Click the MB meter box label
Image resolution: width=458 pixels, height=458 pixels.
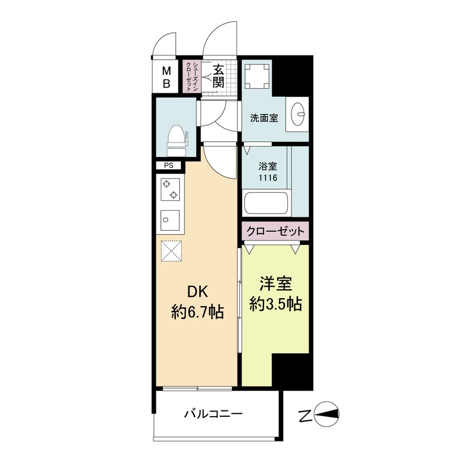pyautogui.click(x=167, y=77)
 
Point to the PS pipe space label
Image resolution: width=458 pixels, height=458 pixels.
pyautogui.click(x=168, y=166)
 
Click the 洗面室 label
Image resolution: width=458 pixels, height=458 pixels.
pyautogui.click(x=264, y=119)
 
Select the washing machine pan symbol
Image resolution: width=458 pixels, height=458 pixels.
pyautogui.click(x=257, y=76)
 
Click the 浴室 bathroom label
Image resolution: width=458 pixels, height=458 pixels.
pyautogui.click(x=267, y=167)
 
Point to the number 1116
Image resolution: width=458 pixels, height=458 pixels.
pyautogui.click(x=267, y=178)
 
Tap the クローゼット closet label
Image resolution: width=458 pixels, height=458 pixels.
pyautogui.click(x=274, y=231)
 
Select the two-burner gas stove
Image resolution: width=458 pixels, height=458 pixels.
pyautogui.click(x=170, y=190)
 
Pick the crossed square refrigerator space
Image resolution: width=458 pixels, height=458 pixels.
pyautogui.click(x=171, y=251)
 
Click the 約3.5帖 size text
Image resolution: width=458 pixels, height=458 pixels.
pyautogui.click(x=275, y=304)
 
